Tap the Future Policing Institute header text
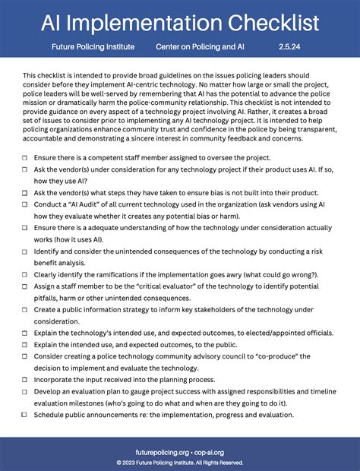93,47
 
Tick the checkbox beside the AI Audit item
25,205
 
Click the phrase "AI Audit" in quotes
86,205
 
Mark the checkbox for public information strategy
25,311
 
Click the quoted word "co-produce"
286,356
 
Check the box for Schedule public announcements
25,416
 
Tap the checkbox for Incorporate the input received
25,379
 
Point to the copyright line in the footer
180,461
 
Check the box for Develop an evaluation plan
25,391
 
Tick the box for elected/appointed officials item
25,333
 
